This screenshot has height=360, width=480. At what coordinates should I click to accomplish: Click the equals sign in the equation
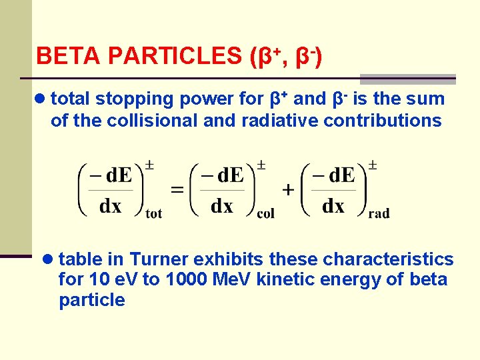coord(177,190)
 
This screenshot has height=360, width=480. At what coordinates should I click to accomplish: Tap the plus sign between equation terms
coord(288,190)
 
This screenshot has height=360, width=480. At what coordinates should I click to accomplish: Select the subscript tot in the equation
coord(154,213)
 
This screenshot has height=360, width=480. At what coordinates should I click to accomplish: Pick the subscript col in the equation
coord(265,213)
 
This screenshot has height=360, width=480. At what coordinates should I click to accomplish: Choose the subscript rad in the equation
coord(378,213)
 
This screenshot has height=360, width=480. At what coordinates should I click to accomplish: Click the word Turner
coord(155,259)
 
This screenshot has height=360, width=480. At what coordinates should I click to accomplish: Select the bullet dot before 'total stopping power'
coord(41,99)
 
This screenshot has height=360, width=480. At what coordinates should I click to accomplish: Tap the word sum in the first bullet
coord(427,99)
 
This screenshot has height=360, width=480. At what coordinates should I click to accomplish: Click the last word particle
coord(91,301)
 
